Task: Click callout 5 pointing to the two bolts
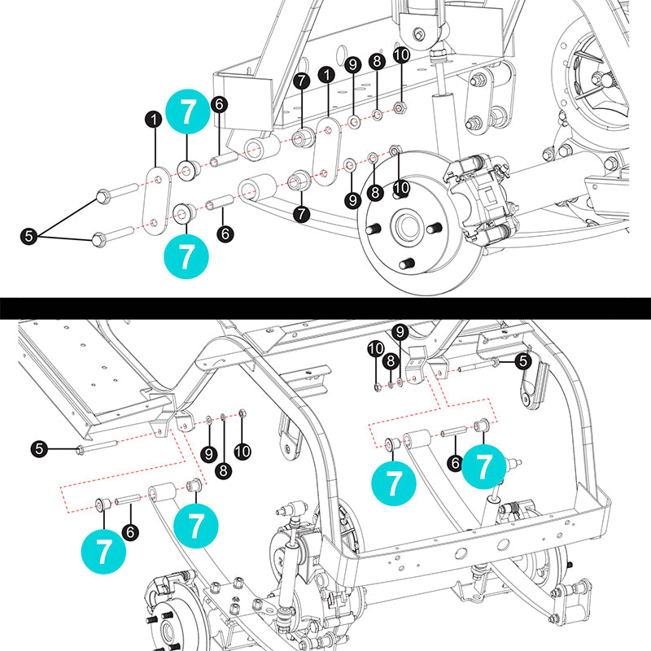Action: (x=29, y=237)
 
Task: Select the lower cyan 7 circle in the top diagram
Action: (x=186, y=255)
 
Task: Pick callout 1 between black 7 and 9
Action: (x=327, y=74)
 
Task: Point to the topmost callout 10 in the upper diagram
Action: (x=401, y=55)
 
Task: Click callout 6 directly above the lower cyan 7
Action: (x=226, y=232)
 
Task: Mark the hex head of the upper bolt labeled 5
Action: (x=103, y=196)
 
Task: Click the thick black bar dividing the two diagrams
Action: (x=325, y=308)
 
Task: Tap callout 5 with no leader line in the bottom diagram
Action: (x=39, y=447)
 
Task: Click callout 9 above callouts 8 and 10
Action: (x=399, y=331)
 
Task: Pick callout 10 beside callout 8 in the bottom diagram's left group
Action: (x=242, y=449)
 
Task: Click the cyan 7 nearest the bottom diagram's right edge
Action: (x=485, y=466)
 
